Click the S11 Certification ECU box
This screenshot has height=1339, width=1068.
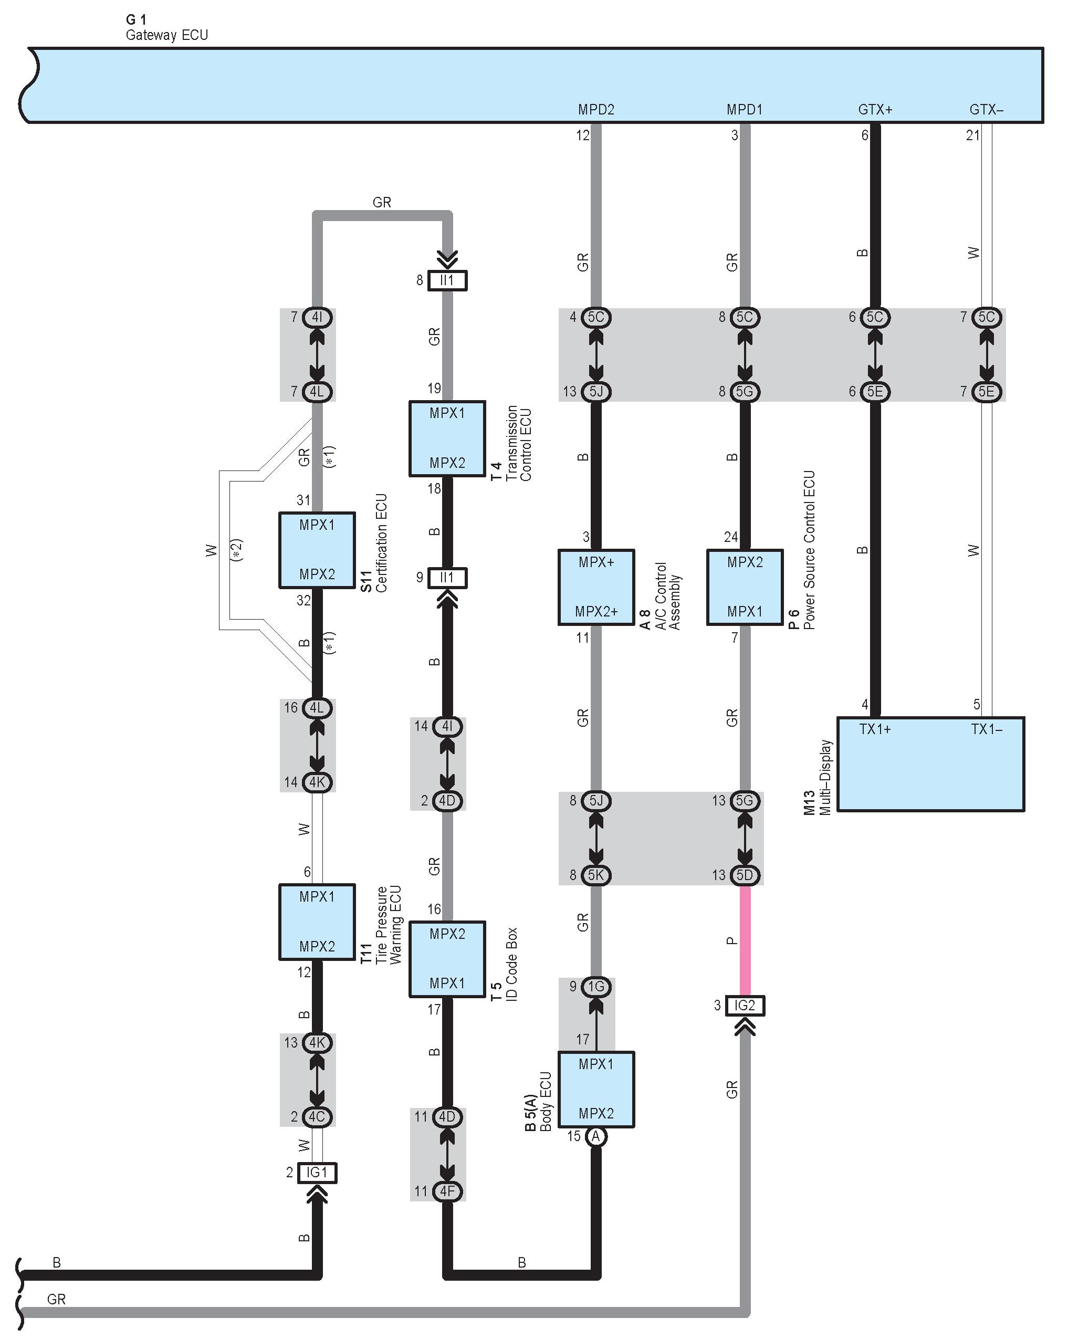click(317, 550)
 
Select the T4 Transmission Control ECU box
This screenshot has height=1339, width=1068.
click(447, 438)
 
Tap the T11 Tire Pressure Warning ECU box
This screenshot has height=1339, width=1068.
click(317, 922)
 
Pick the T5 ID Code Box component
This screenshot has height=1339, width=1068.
click(447, 959)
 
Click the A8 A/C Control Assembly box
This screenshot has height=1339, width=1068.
click(596, 587)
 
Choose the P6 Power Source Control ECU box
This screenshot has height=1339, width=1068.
click(745, 587)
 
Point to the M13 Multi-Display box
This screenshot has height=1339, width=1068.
click(930, 764)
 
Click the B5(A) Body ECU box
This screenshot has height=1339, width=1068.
click(596, 1090)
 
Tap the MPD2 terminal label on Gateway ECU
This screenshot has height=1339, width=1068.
click(596, 110)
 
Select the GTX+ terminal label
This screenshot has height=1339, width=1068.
click(875, 110)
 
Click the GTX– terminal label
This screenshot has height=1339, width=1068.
click(986, 110)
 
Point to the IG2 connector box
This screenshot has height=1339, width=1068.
click(745, 1005)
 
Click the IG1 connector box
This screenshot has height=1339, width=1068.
click(317, 1173)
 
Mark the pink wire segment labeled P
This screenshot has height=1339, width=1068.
click(745, 940)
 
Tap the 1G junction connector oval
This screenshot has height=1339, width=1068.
click(596, 986)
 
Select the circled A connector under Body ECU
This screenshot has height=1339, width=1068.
click(596, 1136)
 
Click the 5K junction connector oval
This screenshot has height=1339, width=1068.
click(596, 875)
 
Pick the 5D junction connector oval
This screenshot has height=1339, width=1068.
click(745, 875)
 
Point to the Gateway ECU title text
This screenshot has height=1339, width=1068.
click(166, 35)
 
